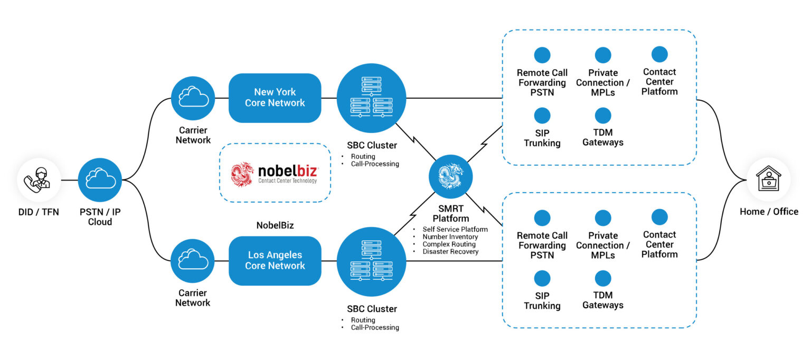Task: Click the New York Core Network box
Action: click(275, 98)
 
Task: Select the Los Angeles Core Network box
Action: click(275, 261)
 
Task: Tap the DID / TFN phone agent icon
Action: click(39, 180)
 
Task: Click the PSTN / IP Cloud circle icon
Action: click(100, 180)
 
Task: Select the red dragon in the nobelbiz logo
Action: click(242, 174)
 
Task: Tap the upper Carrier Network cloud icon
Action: click(193, 98)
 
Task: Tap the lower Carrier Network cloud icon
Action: click(193, 261)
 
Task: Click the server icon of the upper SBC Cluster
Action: click(372, 98)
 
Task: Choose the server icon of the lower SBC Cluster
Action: click(372, 261)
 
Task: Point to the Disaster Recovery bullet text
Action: click(450, 252)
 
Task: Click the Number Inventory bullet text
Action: click(450, 237)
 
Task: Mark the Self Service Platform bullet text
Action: click(455, 230)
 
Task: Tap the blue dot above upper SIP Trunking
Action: click(542, 116)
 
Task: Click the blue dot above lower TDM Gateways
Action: click(602, 278)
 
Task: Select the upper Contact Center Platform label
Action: click(659, 82)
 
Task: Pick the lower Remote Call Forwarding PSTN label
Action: click(542, 245)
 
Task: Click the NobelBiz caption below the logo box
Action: click(275, 225)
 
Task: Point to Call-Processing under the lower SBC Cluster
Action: click(375, 327)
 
